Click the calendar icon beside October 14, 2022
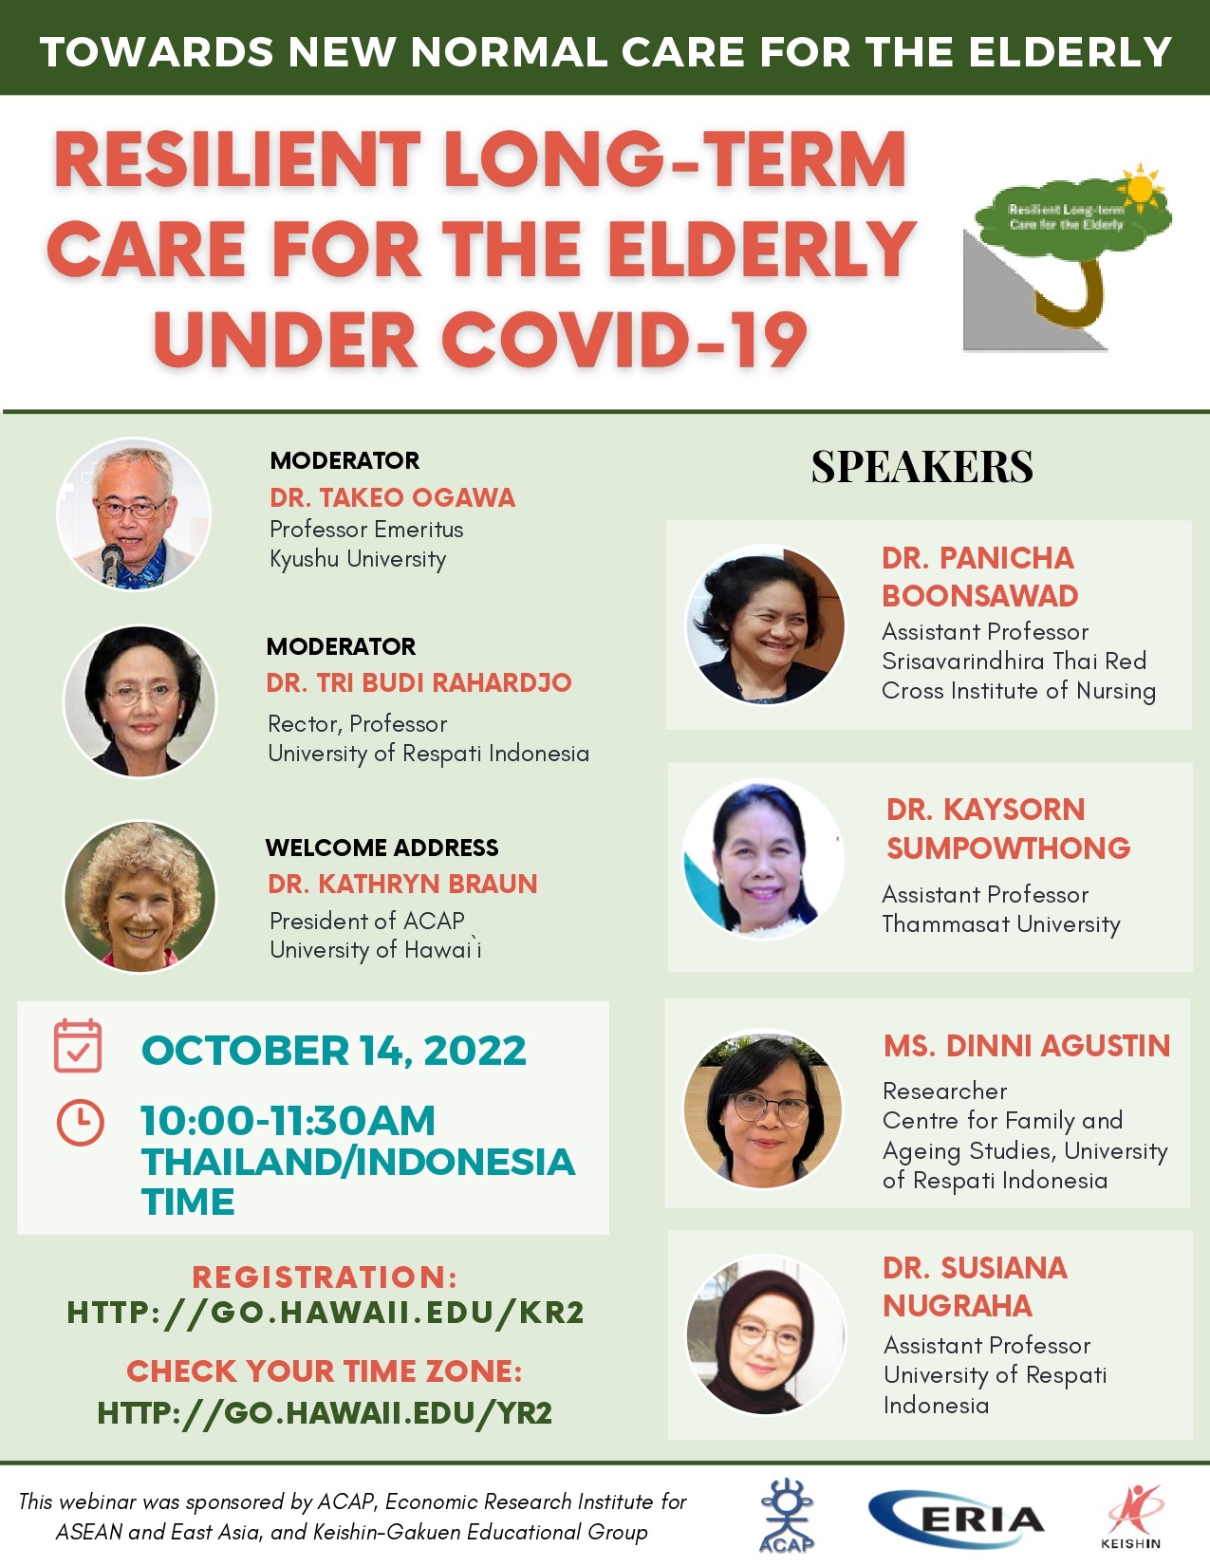point(78,1046)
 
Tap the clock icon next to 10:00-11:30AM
point(80,1122)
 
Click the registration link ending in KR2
point(325,1313)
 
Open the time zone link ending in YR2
point(325,1412)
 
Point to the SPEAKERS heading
point(921,466)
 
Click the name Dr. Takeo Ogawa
point(393,497)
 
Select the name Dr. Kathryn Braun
point(402,884)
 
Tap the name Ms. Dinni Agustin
point(1027,1046)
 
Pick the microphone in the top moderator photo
point(112,563)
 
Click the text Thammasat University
point(1001,924)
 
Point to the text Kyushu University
point(358,559)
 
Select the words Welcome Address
point(382,848)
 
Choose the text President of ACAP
point(367,921)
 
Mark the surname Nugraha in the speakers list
point(958,1306)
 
